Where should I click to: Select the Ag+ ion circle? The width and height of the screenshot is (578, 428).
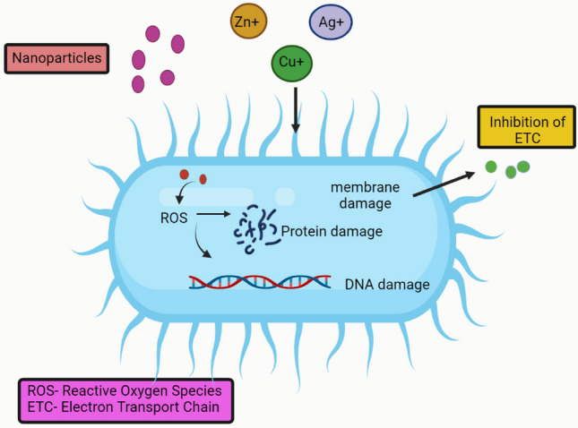[330, 24]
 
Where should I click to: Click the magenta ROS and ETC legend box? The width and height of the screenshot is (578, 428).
[125, 400]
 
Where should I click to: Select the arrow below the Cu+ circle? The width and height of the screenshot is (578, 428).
[295, 111]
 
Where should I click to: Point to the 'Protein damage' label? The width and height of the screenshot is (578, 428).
[332, 232]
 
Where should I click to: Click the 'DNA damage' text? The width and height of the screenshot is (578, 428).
[386, 285]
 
